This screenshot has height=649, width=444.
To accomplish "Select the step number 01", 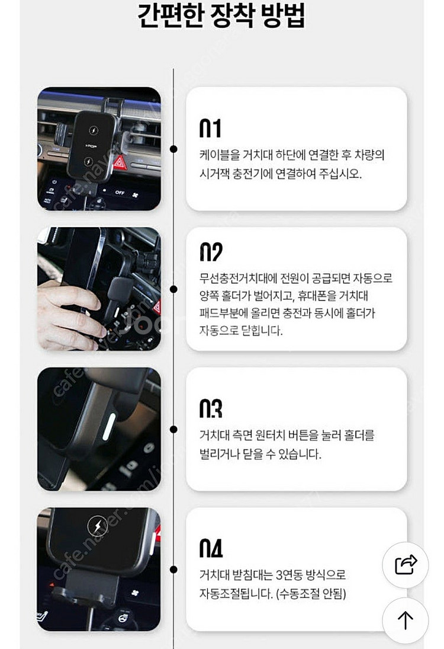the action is (x=210, y=128).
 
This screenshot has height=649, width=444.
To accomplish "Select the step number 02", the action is (x=211, y=252).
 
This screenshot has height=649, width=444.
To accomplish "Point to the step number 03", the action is (x=211, y=408).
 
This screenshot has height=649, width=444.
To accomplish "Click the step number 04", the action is (x=211, y=548).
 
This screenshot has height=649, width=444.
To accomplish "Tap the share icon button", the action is (x=406, y=565).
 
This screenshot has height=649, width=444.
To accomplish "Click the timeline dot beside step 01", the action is (x=173, y=149).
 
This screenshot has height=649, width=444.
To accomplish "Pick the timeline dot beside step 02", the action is (x=173, y=289).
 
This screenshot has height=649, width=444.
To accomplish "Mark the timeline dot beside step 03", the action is (x=173, y=429).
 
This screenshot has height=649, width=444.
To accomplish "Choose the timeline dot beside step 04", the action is (x=173, y=570).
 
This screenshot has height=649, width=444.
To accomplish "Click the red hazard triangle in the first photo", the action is (x=120, y=162).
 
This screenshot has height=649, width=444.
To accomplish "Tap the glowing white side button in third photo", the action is (x=109, y=426).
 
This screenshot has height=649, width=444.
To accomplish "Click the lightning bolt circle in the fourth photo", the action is (x=98, y=526).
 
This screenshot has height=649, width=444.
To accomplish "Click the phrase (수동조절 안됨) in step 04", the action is (x=311, y=594).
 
